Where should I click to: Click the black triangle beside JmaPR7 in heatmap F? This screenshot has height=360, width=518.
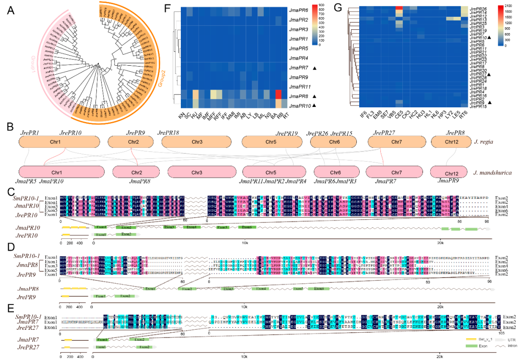314,68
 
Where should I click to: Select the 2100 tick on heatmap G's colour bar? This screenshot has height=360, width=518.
505,7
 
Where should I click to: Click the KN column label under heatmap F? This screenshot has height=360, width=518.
181,115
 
